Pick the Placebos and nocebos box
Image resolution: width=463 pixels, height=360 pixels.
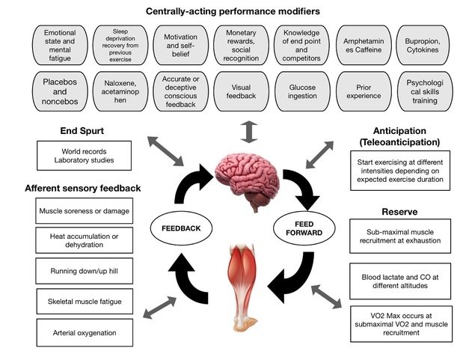pos(59,91)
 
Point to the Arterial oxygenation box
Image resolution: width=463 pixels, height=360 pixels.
pos(74,332)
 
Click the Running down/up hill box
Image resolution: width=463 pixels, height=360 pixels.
pos(74,271)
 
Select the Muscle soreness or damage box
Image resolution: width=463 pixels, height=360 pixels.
pos(74,210)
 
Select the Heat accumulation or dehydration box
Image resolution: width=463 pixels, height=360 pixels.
pos(74,240)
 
